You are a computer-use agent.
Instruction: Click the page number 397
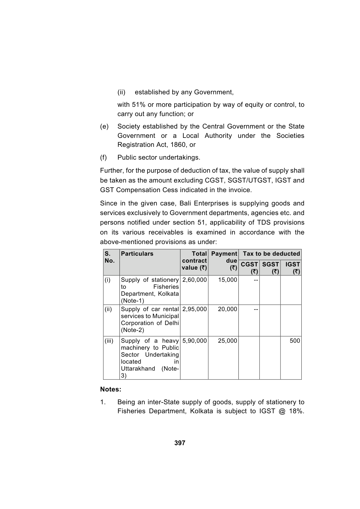coord(180,443)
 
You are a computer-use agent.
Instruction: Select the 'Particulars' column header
coord(137,254)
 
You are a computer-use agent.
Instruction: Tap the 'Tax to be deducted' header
coord(271,254)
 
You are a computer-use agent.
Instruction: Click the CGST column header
coord(249,268)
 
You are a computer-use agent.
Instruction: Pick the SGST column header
coord(270,268)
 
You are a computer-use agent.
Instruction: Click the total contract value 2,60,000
coord(194,280)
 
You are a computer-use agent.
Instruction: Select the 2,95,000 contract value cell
coord(194,309)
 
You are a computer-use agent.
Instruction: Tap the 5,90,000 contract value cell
coord(194,341)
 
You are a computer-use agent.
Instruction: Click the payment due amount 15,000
coord(227,280)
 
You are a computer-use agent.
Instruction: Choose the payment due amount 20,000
coord(227,309)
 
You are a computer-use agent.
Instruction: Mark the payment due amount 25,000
coord(227,341)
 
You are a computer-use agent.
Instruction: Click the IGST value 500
coord(295,341)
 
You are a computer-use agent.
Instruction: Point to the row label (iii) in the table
coord(109,341)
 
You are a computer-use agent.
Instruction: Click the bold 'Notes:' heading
coord(111,389)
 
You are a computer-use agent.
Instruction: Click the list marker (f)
coord(104,157)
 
